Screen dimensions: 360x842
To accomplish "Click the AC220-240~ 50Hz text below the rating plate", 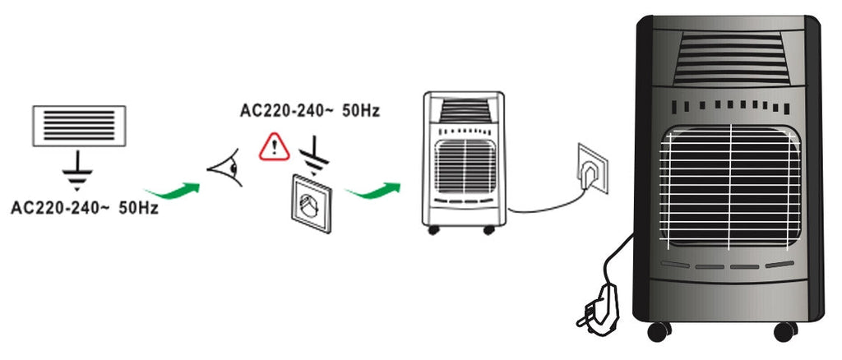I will pyautogui.click(x=84, y=209).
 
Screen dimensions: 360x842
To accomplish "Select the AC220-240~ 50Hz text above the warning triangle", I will pyautogui.click(x=309, y=110).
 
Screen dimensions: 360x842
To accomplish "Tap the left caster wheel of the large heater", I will pyautogui.click(x=658, y=331).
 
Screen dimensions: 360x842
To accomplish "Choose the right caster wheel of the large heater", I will pyautogui.click(x=785, y=331).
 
